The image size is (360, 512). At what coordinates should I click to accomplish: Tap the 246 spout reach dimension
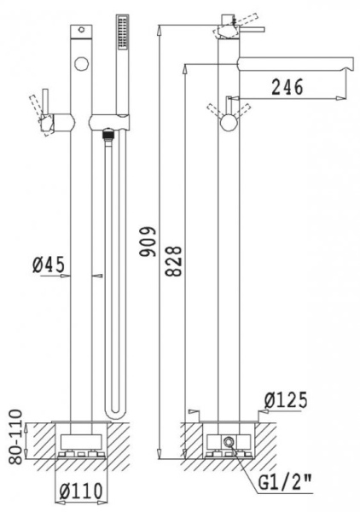(286, 87)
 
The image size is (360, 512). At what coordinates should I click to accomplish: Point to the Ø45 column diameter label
(50, 265)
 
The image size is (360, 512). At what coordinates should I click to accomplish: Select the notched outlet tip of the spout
(348, 64)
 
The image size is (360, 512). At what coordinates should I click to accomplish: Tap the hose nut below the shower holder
(107, 132)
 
